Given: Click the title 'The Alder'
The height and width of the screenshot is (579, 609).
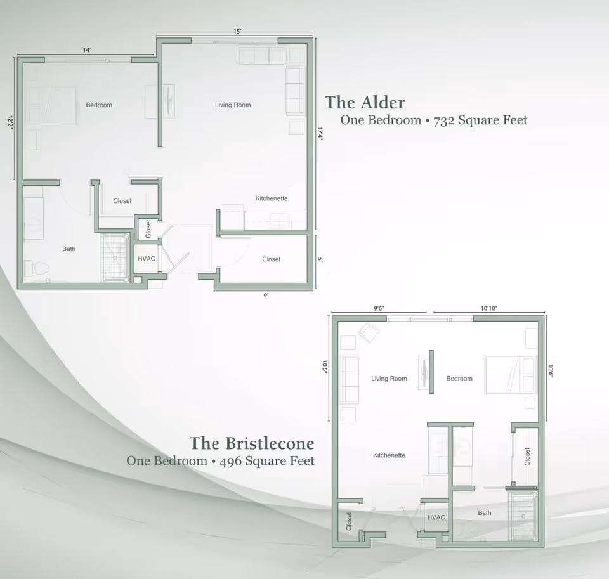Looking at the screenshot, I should click(x=365, y=102).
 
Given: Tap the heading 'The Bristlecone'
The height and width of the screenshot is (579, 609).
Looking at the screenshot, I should click(x=252, y=442).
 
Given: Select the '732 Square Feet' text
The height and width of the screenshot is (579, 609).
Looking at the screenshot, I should click(x=480, y=120).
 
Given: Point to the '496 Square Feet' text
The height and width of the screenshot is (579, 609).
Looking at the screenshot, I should click(x=266, y=460).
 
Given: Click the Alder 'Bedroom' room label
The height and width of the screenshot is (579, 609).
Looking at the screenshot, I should click(x=99, y=105).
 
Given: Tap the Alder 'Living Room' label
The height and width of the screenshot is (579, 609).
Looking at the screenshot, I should click(x=233, y=105).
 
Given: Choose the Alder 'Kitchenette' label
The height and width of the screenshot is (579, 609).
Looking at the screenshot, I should click(x=272, y=198).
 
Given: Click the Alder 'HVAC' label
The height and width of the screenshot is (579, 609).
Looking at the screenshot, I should click(x=147, y=259).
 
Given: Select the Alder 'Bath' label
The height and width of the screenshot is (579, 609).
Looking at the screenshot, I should click(x=69, y=249).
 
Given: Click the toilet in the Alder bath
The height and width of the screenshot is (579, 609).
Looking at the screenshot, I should click(x=36, y=269).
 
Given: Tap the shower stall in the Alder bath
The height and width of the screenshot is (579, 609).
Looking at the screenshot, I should click(x=115, y=257).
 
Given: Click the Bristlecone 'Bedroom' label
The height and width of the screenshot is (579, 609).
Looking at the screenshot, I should click(x=459, y=379).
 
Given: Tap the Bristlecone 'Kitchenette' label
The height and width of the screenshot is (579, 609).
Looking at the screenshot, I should click(x=389, y=455).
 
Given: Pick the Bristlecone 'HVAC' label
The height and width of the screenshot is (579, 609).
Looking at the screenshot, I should click(x=436, y=517).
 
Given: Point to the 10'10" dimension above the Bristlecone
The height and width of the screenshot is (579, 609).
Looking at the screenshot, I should click(x=488, y=308).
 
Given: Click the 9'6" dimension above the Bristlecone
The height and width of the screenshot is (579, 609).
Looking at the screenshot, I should click(x=379, y=308).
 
